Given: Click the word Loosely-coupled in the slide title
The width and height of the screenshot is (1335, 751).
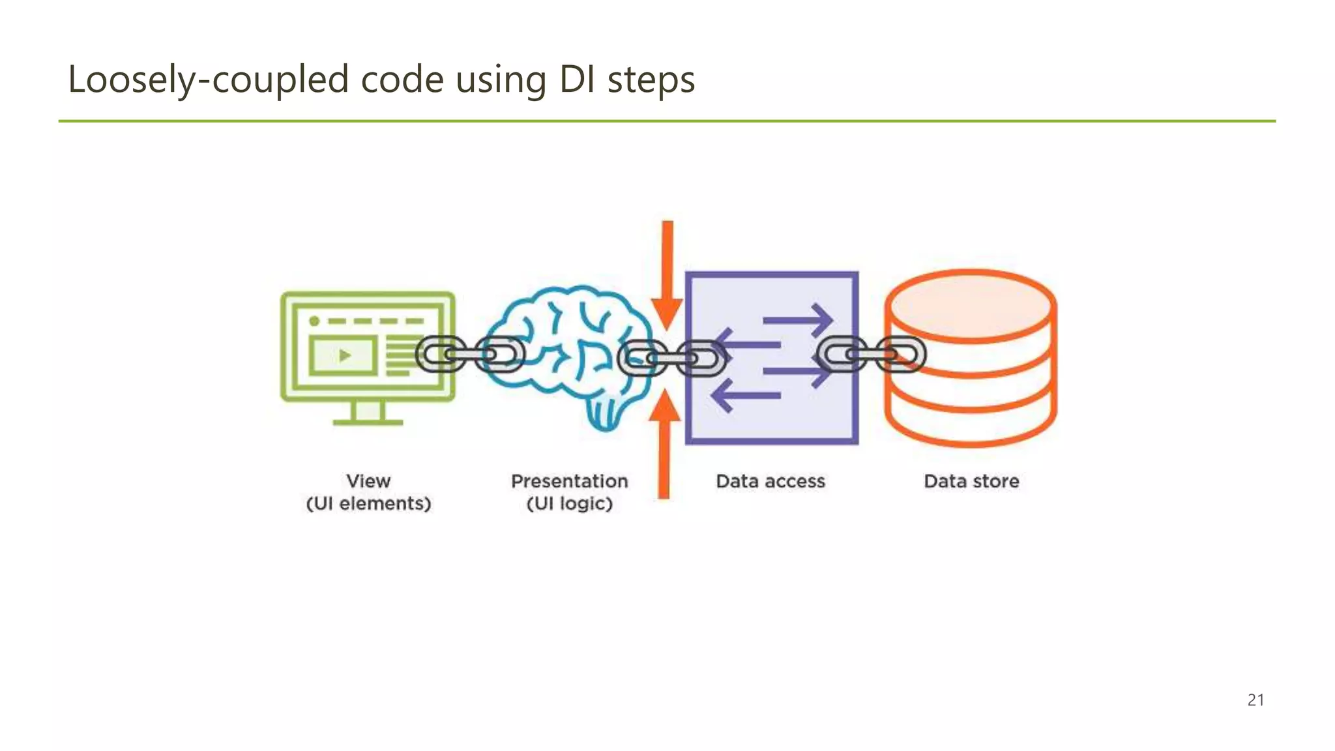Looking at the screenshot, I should coord(209,80).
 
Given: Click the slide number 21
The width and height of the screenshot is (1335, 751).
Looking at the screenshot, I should coord(1255,700).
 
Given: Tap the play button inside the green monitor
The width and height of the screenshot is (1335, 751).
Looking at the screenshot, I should coord(345,355).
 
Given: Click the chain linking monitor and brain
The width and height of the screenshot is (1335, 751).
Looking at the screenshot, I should coord(470,354).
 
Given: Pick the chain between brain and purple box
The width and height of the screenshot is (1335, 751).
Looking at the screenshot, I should coord(671,358).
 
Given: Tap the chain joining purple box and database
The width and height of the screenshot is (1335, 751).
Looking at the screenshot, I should coord(872,354).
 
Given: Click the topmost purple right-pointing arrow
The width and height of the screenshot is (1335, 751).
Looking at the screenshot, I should coord(798,319).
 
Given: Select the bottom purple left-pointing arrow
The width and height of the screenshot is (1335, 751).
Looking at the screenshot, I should coord(746,396).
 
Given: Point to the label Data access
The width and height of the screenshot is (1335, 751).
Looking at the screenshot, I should coord(770,481).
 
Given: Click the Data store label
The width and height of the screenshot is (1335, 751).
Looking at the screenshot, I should coord(971,481).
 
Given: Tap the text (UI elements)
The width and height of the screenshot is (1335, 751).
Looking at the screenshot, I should coord(368,503).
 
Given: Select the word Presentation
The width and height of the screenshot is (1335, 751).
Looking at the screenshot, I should coord(569,481).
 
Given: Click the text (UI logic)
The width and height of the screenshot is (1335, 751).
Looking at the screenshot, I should coord(569,503).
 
